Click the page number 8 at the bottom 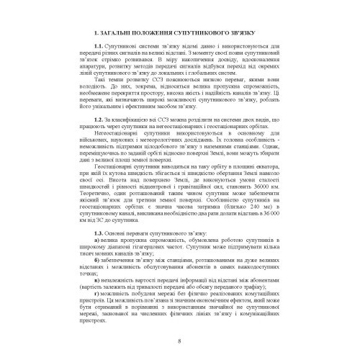coord(180,340)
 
